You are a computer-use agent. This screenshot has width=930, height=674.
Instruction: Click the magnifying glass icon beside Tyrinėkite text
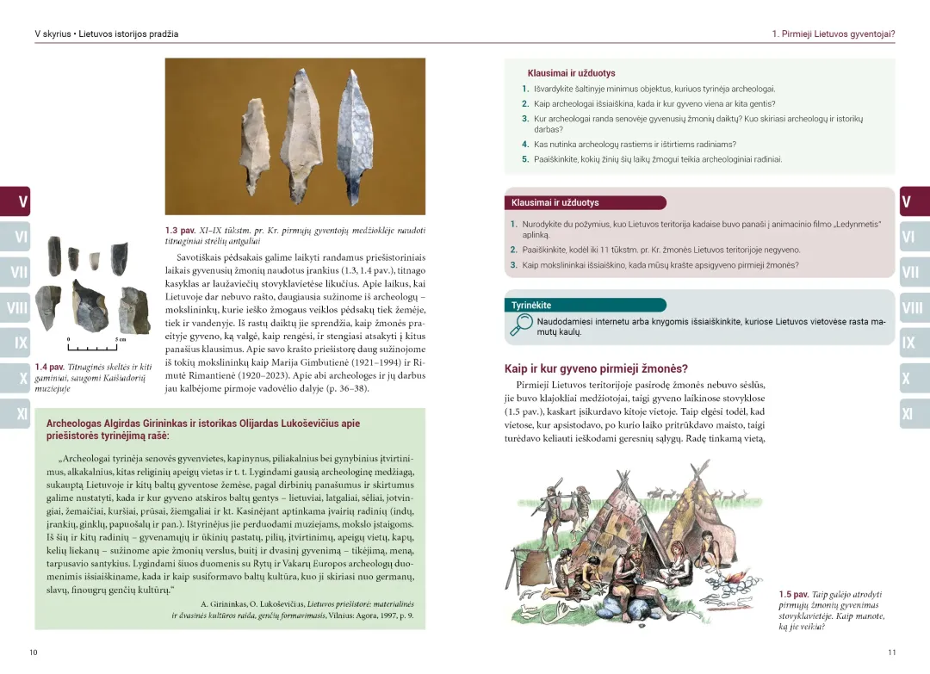(520, 325)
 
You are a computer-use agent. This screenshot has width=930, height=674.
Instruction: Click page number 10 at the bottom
(34, 652)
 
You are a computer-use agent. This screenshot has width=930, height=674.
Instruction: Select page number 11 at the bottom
(891, 652)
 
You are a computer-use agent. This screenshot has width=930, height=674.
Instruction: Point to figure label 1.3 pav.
(180, 231)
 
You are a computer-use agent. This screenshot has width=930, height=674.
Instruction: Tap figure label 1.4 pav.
(49, 368)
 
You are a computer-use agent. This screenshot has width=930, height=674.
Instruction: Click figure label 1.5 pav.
(793, 594)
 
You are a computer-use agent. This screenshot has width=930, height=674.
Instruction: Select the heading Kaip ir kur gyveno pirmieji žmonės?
(596, 368)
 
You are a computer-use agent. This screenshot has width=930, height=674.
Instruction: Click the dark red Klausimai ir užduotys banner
(586, 203)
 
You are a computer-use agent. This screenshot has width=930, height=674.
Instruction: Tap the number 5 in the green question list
(525, 159)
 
